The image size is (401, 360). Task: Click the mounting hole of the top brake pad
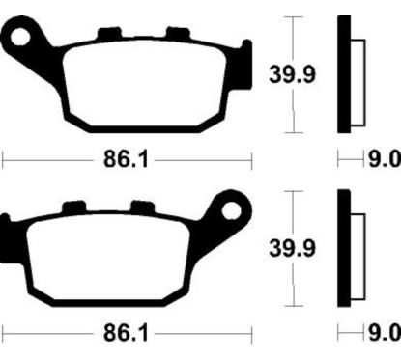click(20, 37)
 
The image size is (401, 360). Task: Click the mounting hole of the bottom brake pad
click(231, 210)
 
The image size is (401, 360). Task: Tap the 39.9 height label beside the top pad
click(292, 74)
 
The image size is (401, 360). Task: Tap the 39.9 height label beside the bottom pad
click(292, 248)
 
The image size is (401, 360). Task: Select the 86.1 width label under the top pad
click(126, 159)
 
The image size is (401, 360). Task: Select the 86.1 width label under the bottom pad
click(126, 333)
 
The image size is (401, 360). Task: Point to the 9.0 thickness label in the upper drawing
click(385, 159)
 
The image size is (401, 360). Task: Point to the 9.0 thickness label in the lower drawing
click(385, 333)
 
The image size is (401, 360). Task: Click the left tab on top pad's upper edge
click(109, 34)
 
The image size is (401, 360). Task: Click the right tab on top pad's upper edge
click(178, 34)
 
